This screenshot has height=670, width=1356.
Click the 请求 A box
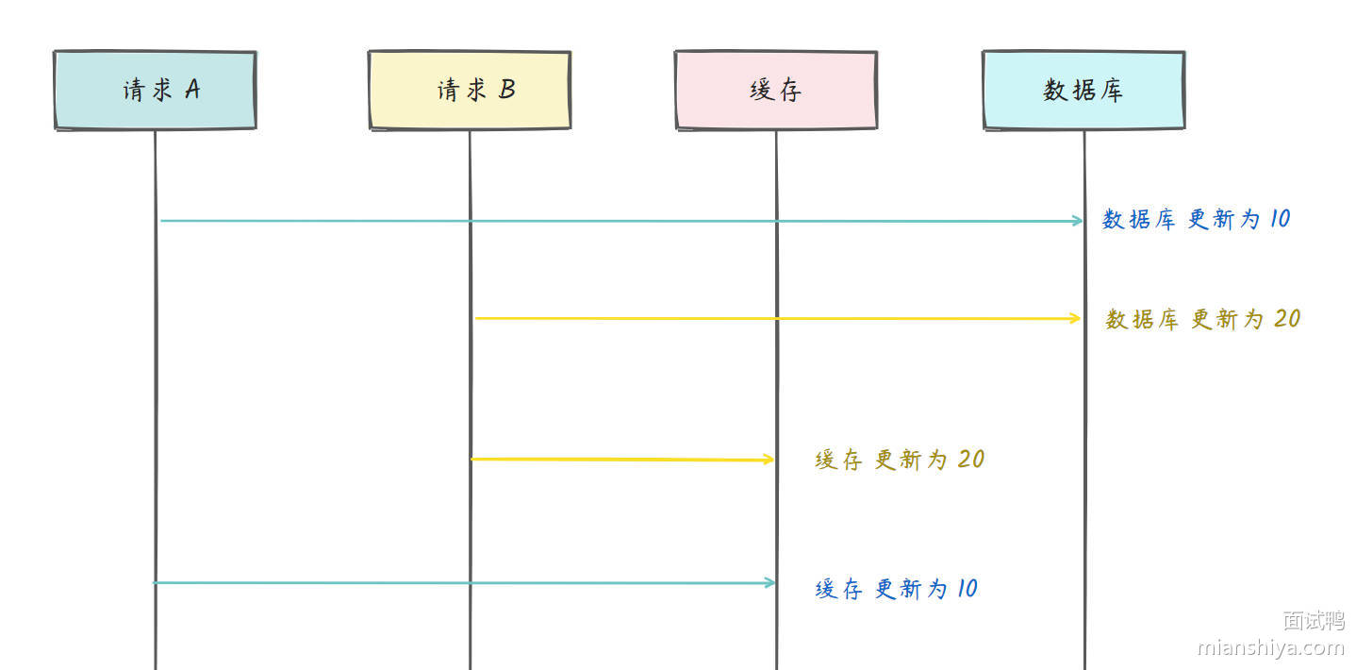[x=155, y=90]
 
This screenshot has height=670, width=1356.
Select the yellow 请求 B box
[x=470, y=90]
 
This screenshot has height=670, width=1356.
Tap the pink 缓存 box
[x=776, y=90]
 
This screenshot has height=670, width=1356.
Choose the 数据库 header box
[x=1083, y=90]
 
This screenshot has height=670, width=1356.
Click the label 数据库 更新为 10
[x=1197, y=219]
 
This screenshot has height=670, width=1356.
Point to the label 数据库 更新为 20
[x=1203, y=319]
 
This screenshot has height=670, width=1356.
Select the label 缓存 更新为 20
[x=900, y=460]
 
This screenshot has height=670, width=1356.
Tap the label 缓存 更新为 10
[x=896, y=589]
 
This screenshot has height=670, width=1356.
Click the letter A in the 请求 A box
[x=192, y=89]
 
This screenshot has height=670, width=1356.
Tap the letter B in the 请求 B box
[x=507, y=89]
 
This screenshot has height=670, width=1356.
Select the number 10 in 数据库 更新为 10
[x=1280, y=218]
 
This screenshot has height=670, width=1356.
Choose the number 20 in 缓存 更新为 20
[x=971, y=459]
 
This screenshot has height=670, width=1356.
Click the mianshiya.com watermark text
[x=1270, y=647]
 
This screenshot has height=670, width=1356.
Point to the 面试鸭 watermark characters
[x=1313, y=620]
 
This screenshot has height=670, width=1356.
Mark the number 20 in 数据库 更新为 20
[x=1287, y=318]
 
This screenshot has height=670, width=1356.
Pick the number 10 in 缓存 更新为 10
[x=967, y=588]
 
